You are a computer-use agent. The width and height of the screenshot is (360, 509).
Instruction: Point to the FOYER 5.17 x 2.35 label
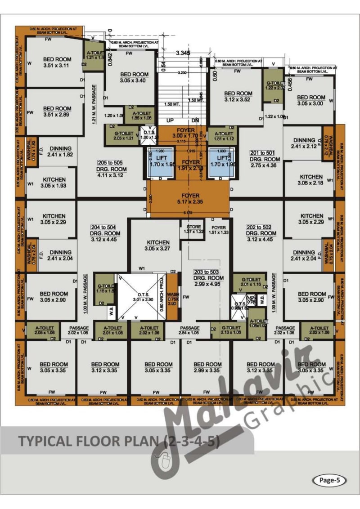(x=190, y=199)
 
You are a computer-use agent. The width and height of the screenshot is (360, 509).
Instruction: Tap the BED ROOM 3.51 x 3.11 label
(x=57, y=63)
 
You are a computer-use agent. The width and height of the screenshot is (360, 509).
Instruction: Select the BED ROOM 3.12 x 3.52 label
(x=238, y=97)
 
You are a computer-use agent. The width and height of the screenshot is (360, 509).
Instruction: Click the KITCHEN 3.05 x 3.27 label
(x=157, y=246)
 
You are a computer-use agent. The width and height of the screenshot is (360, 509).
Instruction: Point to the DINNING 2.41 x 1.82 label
(x=60, y=152)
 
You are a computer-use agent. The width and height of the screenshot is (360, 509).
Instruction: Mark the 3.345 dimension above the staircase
(x=183, y=53)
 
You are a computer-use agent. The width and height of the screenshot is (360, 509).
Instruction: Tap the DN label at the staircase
(x=195, y=121)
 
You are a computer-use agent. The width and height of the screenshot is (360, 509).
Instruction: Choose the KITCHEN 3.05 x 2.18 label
(x=311, y=180)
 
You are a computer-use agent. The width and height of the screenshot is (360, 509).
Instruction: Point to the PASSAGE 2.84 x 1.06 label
(x=189, y=330)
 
